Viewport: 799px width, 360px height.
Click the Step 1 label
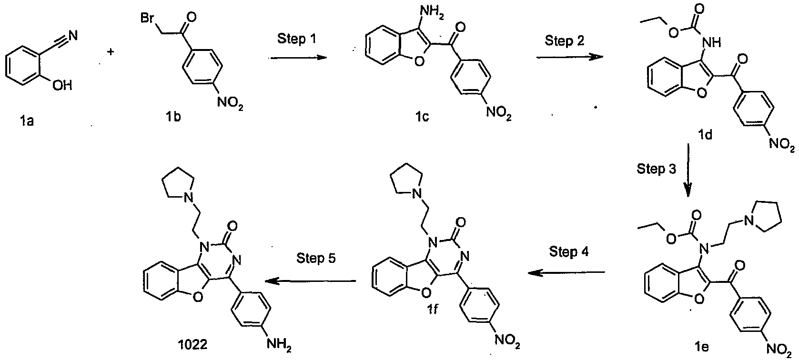click(297, 39)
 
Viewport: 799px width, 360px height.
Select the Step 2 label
click(564, 40)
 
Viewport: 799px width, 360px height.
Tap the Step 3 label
click(657, 169)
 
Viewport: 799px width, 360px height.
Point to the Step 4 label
click(568, 251)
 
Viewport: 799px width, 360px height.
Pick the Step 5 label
click(316, 258)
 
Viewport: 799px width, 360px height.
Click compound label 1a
click(27, 121)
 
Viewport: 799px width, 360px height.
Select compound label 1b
click(173, 117)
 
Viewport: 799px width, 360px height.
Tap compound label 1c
click(422, 117)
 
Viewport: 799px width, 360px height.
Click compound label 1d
click(705, 135)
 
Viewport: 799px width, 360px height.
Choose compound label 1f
click(432, 310)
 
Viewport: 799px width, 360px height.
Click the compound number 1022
click(193, 345)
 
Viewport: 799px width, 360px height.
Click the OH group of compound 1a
click(62, 85)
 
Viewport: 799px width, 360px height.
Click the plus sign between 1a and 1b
click(111, 52)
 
